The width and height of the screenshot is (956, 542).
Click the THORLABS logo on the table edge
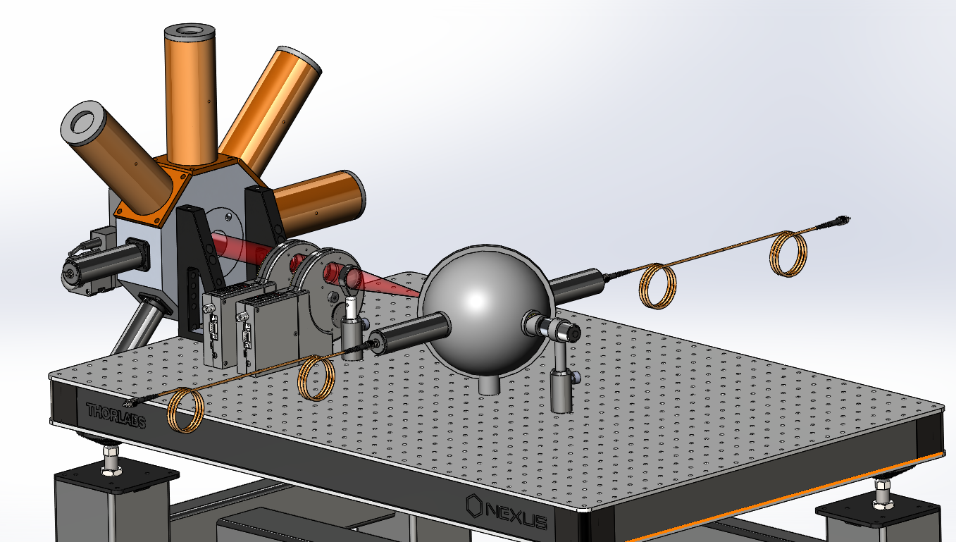tap(116, 415)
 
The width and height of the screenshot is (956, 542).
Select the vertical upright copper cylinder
tap(190, 94)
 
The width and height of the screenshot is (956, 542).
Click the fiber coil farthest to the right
tap(788, 254)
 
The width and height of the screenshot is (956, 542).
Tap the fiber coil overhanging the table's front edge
tap(185, 410)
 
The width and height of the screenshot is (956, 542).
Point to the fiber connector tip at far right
tap(843, 220)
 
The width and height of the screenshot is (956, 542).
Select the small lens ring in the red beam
tap(347, 277)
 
